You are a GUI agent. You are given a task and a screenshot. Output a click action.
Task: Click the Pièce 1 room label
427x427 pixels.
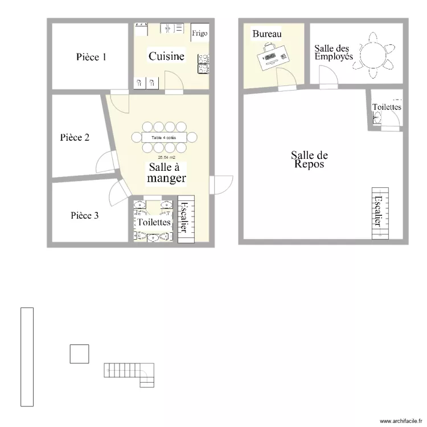click(x=91, y=57)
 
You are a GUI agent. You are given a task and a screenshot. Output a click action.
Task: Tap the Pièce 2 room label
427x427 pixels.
click(x=75, y=138)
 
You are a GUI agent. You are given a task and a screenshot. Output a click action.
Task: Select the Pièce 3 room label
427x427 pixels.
click(x=85, y=216)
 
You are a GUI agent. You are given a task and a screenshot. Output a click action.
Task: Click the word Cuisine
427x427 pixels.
click(x=166, y=56)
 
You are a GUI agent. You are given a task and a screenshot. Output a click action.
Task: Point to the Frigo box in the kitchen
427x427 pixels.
click(x=199, y=34)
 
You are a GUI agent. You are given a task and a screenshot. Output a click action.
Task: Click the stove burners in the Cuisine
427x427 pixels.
click(x=203, y=64)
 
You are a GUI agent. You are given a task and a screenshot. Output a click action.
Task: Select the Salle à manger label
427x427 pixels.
click(x=166, y=173)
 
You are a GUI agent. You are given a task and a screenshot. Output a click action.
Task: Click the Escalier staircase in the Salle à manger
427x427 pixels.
click(x=186, y=219)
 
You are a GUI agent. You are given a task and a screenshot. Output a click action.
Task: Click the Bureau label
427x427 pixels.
click(x=267, y=35)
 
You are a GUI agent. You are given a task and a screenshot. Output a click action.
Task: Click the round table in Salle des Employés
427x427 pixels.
click(x=375, y=56)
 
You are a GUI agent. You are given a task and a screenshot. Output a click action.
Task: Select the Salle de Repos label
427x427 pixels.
click(x=309, y=159)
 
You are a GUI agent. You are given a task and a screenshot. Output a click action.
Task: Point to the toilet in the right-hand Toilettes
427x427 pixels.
click(x=376, y=118)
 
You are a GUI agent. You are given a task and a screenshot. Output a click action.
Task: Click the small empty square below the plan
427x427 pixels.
click(x=79, y=354)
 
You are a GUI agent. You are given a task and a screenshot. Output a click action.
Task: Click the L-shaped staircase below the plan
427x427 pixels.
click(x=130, y=373)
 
